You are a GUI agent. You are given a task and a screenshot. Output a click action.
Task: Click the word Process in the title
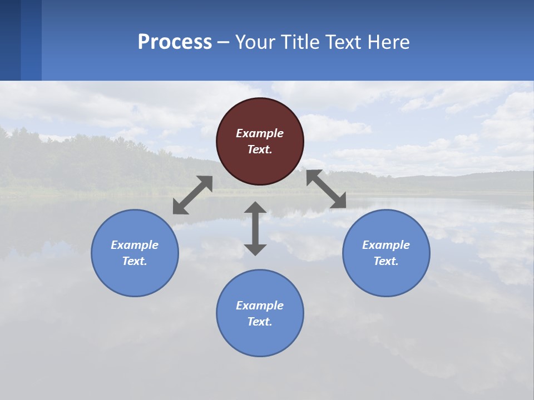point(175,42)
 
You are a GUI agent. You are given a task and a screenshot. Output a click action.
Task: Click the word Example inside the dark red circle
point(260,133)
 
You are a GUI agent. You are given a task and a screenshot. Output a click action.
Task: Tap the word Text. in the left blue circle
point(135,261)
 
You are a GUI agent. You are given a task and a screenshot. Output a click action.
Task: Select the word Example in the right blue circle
point(386,245)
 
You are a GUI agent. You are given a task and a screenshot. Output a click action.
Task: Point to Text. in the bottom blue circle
point(260,322)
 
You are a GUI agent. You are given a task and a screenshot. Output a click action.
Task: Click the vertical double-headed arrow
point(255,228)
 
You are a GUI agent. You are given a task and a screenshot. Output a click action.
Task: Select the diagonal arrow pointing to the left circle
point(192,195)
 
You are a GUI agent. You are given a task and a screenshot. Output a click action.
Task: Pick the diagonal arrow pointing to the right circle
point(327,189)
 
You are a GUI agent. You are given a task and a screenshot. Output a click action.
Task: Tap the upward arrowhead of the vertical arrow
point(255,208)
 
